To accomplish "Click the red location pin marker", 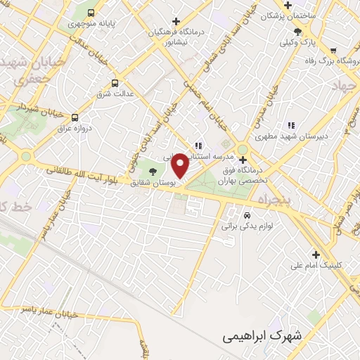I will (180, 166).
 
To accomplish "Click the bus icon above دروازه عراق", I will (75, 118).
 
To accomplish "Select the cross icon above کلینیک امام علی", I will (316, 255).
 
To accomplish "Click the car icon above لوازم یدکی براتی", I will (247, 214).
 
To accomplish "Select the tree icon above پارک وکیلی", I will (298, 31).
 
